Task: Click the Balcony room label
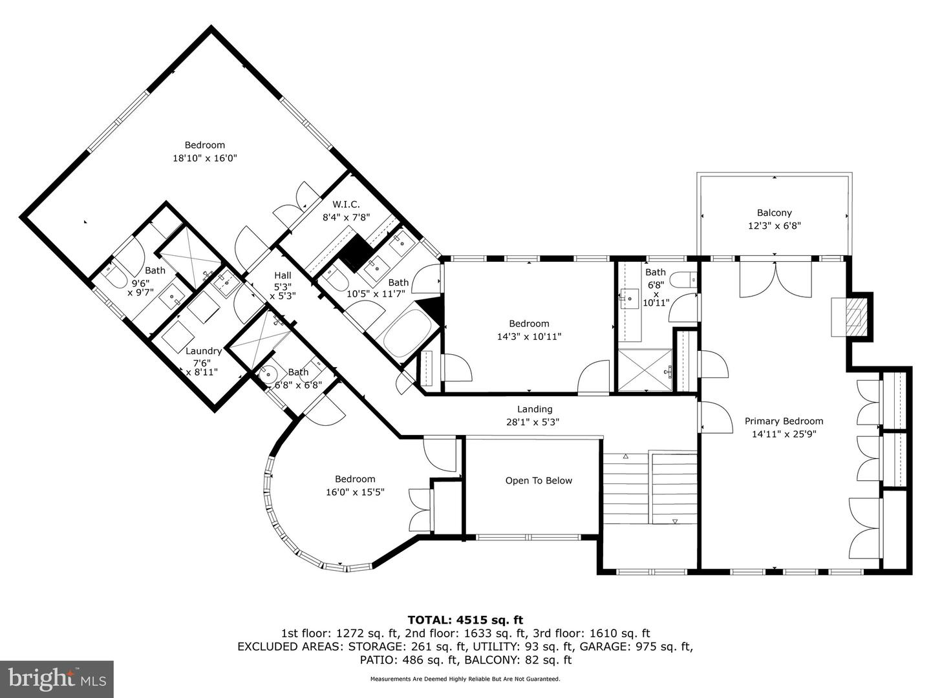pos(774,213)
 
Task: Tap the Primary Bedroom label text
pos(784,421)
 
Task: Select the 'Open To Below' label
pos(539,480)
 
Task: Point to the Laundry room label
pos(203,351)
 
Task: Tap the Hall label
pos(282,275)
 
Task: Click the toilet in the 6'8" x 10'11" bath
pos(682,280)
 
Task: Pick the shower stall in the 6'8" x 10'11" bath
pos(645,370)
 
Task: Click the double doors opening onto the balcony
pos(775,276)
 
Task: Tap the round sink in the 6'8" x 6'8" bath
pos(267,373)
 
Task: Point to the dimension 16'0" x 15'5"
pos(355,492)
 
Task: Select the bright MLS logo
pos(57,679)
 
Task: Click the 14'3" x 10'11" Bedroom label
pos(529,324)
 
